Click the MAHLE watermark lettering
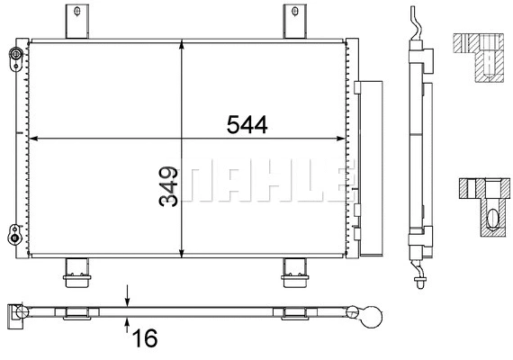point(261,184)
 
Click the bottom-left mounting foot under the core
point(75,271)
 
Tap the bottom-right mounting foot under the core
point(294,271)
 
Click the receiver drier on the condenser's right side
point(367,166)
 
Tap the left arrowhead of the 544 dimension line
point(34,139)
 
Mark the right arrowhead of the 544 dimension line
point(341,139)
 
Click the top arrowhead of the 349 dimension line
point(183,44)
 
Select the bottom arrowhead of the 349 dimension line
point(183,253)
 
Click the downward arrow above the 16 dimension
point(128,298)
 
